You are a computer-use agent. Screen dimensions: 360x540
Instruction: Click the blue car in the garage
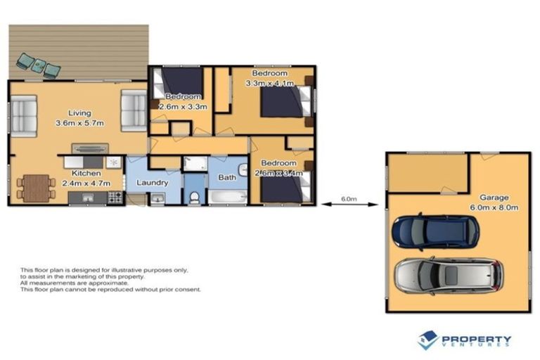(x=435, y=231)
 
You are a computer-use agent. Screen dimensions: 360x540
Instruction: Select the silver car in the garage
(x=448, y=275)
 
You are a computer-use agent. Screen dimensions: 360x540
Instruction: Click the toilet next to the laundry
(x=194, y=195)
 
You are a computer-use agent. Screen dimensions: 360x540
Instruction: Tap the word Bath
(x=227, y=177)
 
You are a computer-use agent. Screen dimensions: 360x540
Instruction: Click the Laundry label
(x=152, y=183)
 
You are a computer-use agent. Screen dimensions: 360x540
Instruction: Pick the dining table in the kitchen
(x=36, y=188)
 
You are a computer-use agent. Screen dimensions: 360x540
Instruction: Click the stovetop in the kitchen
(x=115, y=197)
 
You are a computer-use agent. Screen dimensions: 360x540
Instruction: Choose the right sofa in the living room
(x=134, y=110)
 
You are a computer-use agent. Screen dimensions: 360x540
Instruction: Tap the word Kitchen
(x=86, y=173)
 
